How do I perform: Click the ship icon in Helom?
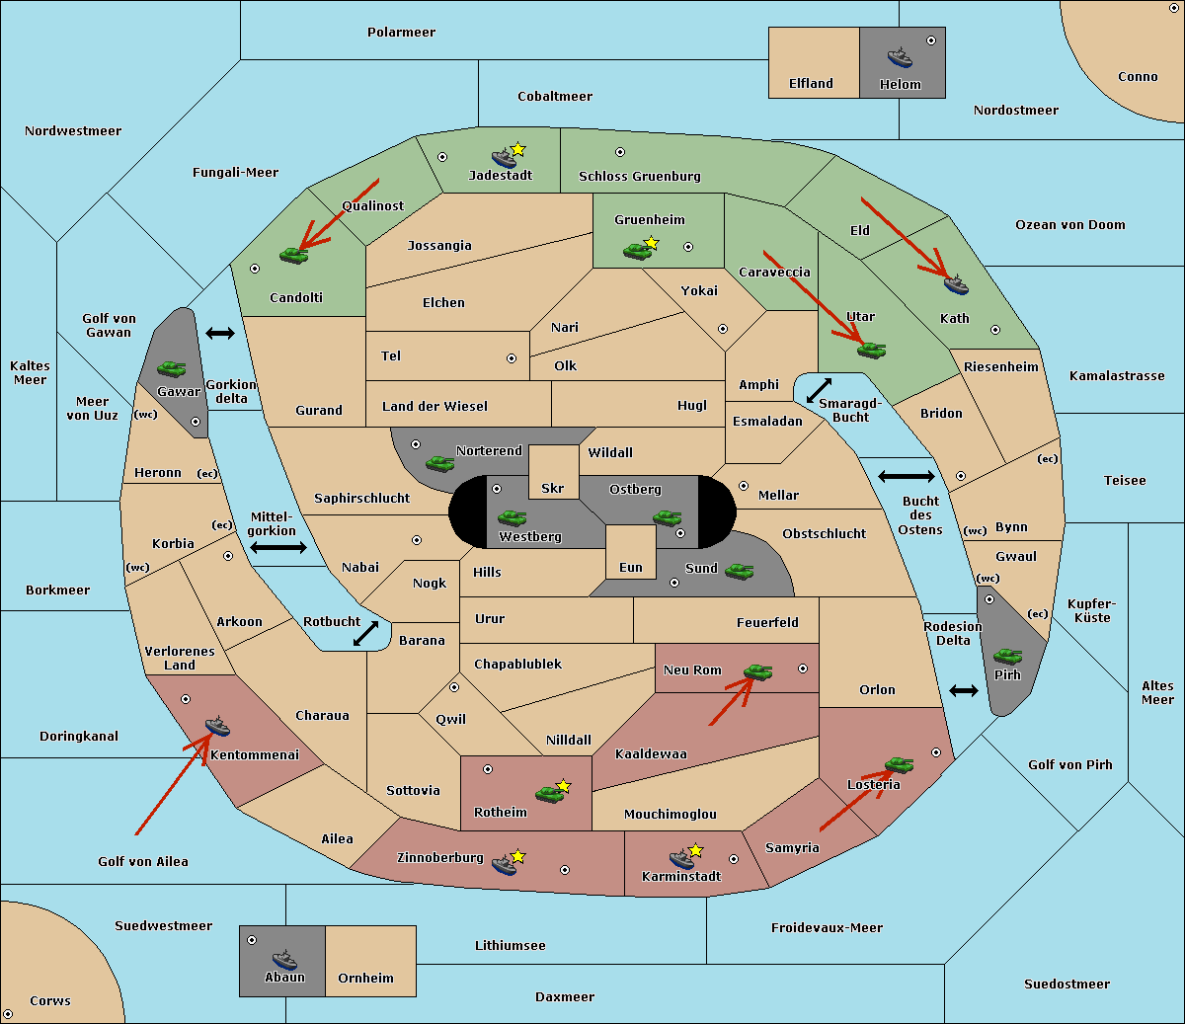(900, 57)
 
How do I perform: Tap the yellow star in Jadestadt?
(517, 150)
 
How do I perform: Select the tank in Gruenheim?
(637, 251)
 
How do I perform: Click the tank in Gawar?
(172, 368)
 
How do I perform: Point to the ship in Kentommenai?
(218, 725)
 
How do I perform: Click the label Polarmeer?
(401, 33)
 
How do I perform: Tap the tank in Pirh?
(1007, 656)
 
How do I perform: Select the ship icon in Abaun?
(284, 959)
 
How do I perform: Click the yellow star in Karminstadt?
(695, 850)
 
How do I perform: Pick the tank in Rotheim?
(549, 794)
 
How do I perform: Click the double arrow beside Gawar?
(220, 333)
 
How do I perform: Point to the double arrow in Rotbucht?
(365, 633)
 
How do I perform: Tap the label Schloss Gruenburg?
(640, 176)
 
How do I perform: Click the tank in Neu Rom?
(757, 671)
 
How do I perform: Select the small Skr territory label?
(553, 488)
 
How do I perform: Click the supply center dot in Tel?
(512, 358)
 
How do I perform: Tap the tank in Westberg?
(512, 517)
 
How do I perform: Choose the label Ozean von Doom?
(1070, 225)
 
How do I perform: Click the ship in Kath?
(956, 284)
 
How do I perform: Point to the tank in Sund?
(739, 571)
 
